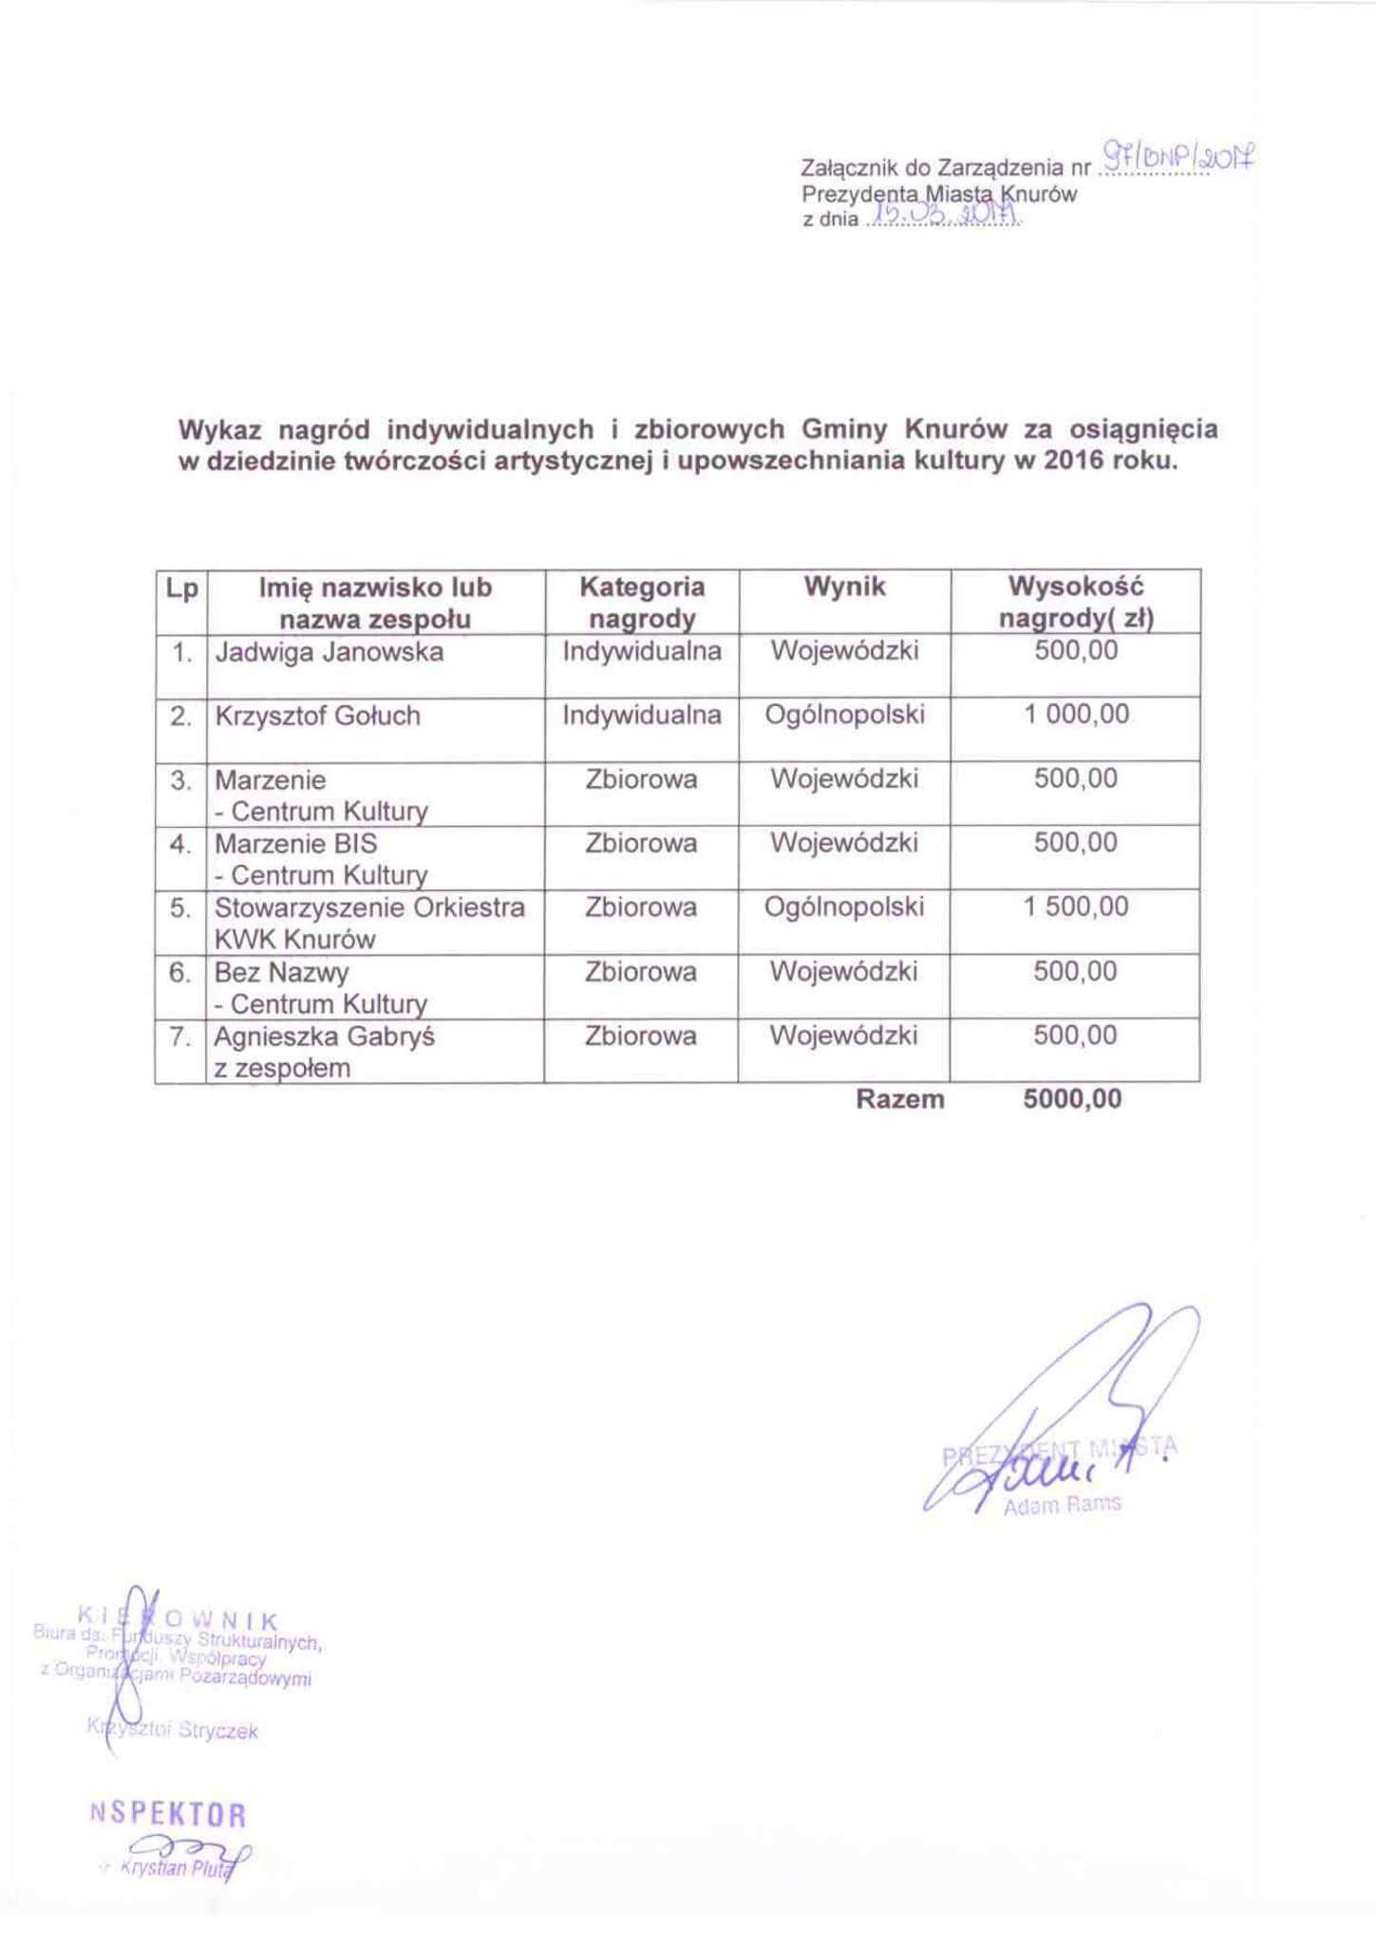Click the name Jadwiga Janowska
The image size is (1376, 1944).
coord(329,653)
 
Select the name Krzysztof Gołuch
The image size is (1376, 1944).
coord(317,717)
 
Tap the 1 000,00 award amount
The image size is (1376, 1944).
coord(1076,715)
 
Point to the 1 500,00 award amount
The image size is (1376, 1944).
coord(1076,907)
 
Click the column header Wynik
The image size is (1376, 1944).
coord(844,588)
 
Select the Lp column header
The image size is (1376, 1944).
coord(181,589)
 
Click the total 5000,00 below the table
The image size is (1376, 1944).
coord(1072,1100)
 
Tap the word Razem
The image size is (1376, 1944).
coord(899,1100)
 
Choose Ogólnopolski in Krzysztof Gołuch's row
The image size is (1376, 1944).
coord(844,716)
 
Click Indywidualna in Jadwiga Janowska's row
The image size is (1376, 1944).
coord(642,652)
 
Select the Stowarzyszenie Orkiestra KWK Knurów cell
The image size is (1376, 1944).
coord(368,923)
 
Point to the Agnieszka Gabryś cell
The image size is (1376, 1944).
coord(324,1037)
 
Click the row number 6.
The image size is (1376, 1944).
coord(180,973)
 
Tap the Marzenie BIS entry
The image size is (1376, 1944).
coord(295,844)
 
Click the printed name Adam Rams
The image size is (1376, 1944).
coord(1062,1504)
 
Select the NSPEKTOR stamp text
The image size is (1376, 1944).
coord(168,1816)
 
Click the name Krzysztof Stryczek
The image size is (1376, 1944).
coord(173,1730)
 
